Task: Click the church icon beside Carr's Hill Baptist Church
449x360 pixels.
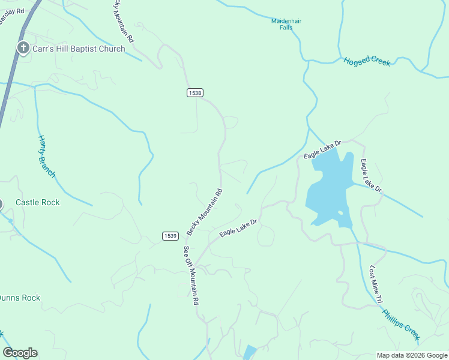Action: (23, 49)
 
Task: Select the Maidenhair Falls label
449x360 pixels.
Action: (286, 25)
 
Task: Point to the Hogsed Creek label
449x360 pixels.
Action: (367, 62)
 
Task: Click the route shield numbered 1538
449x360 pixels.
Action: (194, 92)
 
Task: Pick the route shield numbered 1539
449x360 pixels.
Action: (170, 236)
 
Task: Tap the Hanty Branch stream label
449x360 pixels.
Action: (47, 157)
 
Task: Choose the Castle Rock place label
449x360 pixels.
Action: (38, 203)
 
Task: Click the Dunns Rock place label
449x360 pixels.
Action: (19, 298)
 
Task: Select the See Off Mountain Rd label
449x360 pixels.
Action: (191, 277)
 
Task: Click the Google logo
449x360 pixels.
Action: (20, 353)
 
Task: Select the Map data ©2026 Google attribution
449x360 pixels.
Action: (411, 355)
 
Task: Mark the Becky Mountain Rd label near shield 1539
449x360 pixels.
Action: (205, 212)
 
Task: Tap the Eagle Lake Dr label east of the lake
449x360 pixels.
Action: (370, 175)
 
